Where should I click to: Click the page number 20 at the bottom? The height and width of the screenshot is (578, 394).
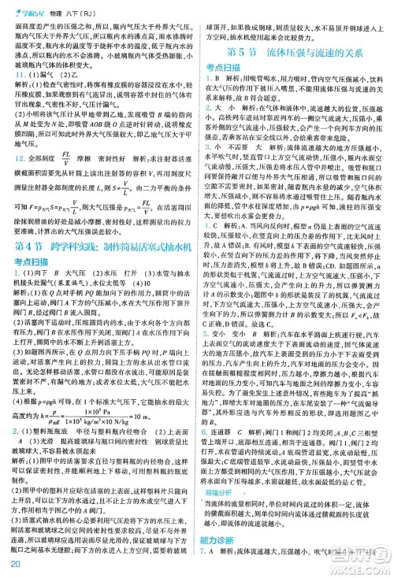(x=14, y=563)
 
